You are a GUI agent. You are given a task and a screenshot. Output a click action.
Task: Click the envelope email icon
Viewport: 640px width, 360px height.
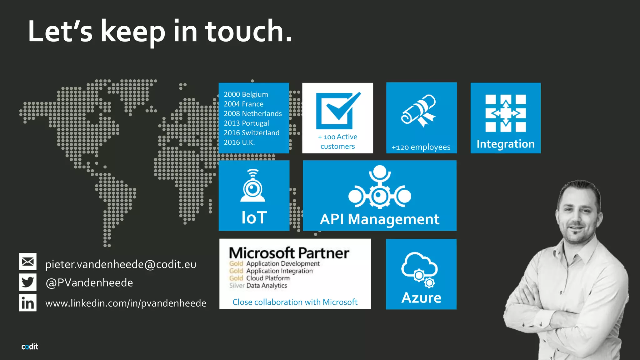tap(28, 262)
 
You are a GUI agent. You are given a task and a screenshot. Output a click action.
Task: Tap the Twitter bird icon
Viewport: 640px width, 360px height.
tap(28, 282)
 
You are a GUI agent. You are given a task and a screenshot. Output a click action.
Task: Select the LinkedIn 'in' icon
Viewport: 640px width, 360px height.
tap(28, 303)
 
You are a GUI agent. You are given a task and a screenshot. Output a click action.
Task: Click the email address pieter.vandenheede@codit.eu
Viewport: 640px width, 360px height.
tap(121, 264)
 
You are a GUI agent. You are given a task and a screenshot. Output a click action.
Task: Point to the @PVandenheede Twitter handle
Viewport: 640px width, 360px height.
tap(89, 282)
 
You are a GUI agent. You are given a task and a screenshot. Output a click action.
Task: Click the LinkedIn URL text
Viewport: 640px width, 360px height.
tap(126, 303)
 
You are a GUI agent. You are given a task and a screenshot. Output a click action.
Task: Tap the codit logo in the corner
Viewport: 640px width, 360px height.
tap(30, 347)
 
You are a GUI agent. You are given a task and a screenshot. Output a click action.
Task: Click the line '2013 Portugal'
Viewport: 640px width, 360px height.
tap(246, 123)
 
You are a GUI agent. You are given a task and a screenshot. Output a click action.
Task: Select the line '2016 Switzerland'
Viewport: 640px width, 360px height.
tap(252, 133)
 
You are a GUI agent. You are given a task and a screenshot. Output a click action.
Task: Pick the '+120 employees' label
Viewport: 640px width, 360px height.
tap(421, 147)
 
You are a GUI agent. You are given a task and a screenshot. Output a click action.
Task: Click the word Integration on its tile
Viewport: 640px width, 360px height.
tap(505, 144)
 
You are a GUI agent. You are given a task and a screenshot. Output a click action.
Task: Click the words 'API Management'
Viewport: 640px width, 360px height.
tap(379, 219)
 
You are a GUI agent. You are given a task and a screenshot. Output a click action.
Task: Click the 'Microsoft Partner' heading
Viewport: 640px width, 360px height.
tap(289, 253)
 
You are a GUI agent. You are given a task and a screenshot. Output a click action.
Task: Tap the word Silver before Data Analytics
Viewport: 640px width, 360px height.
tap(237, 285)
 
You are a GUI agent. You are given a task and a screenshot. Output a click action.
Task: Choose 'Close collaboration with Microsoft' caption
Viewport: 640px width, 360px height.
tap(295, 302)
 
